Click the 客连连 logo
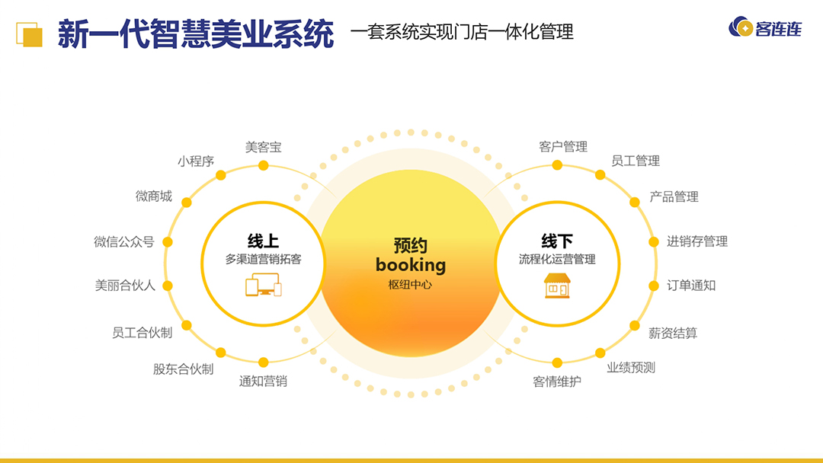pos(765,29)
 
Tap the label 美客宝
pos(263,147)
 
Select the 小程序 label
pos(196,161)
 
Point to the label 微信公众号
pos(123,242)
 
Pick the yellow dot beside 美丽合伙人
pos(168,286)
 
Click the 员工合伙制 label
pos(142,333)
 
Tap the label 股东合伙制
pos(183,369)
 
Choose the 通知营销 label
pos(263,382)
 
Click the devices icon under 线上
pos(263,287)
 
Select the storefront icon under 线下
pos(557,286)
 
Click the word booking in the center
pos(410,265)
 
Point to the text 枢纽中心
pos(410,285)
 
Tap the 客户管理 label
pos(563,147)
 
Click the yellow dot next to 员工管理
pos(600,175)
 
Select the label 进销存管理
pos(697,241)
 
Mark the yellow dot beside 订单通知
pos(653,286)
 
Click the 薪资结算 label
pos(673,333)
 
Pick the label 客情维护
pos(556,382)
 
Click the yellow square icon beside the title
pos(30,34)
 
